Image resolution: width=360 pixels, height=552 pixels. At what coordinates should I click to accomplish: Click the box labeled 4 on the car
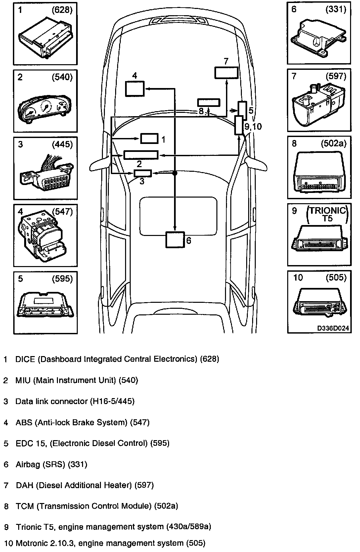135,88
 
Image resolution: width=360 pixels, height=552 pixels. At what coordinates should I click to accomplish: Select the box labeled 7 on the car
226,73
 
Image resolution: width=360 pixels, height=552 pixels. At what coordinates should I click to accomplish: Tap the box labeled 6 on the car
175,239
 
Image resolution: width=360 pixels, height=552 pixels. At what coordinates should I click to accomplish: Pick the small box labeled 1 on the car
149,139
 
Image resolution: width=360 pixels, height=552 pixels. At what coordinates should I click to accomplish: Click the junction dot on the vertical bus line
175,173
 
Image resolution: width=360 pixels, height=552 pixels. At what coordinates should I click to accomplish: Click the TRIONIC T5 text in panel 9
328,214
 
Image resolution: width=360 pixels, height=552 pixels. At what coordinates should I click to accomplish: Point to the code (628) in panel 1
62,10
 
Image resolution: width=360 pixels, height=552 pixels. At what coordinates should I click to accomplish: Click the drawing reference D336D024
333,328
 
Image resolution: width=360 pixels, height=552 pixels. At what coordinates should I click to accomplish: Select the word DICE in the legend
25,359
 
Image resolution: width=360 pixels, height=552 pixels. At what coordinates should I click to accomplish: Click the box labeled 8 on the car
208,103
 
